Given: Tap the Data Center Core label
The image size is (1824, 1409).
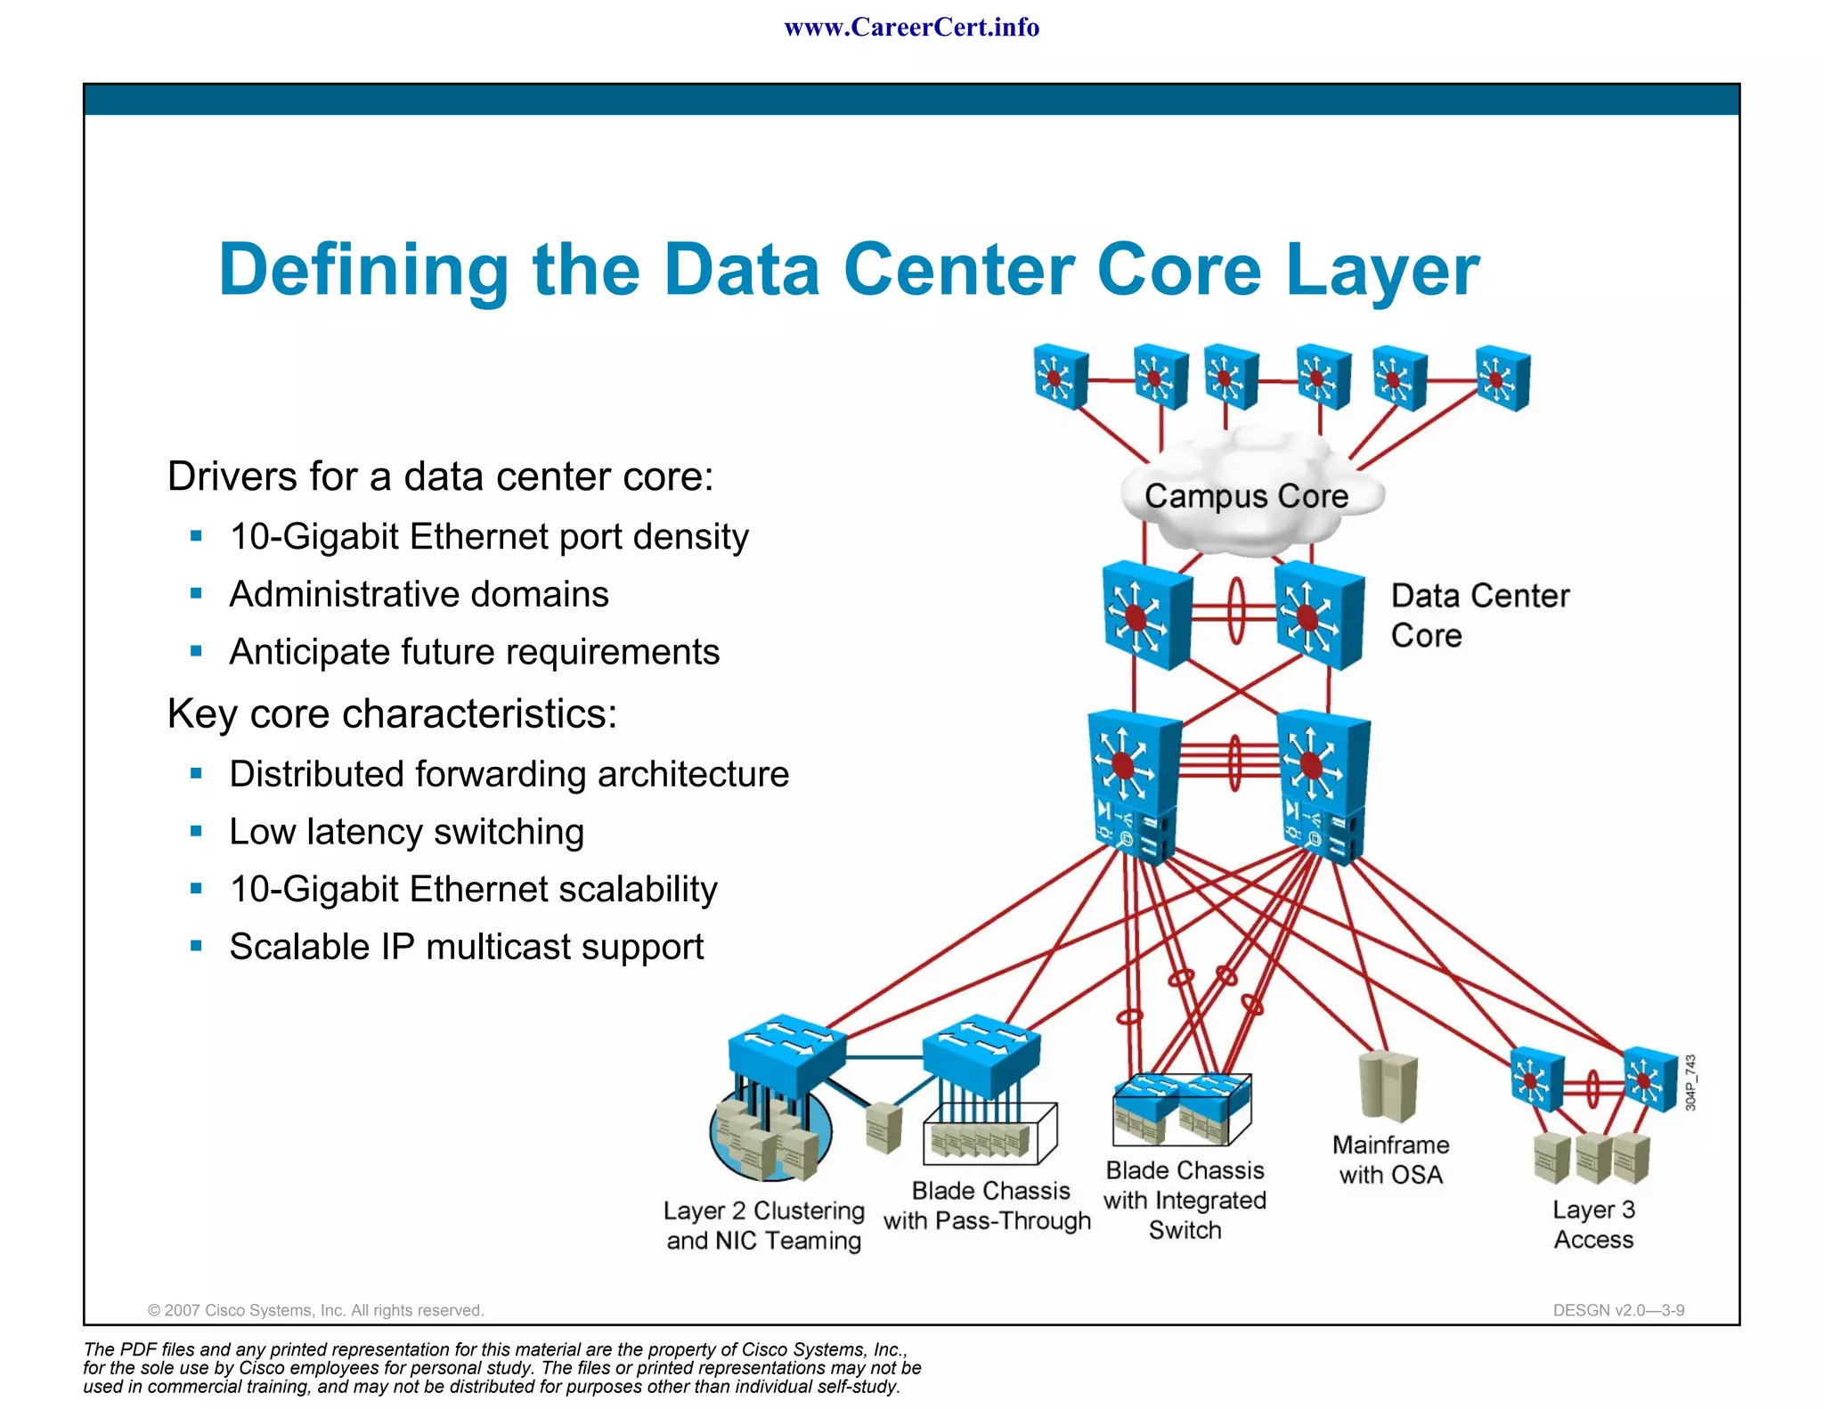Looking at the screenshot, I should click(1478, 615).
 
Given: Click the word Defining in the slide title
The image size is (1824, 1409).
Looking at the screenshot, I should click(363, 270).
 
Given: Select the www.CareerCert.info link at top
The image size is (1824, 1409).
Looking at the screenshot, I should click(911, 28).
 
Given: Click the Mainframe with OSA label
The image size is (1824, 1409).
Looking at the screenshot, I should click(1390, 1160).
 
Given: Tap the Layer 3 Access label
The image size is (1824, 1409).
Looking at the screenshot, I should click(1593, 1225).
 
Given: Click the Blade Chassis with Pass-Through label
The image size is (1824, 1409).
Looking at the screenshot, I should click(988, 1206).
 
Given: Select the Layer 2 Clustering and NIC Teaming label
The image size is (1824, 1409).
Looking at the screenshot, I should click(764, 1226).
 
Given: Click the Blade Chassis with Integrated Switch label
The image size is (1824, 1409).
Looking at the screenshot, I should click(1185, 1200).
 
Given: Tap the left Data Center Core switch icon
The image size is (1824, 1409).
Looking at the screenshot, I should click(1145, 615).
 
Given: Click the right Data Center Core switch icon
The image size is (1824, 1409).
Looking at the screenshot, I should click(1317, 615).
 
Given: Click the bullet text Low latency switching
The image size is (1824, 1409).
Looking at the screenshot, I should click(406, 832).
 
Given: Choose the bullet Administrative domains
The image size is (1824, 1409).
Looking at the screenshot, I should click(419, 594).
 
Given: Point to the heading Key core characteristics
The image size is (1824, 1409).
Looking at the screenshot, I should click(392, 713).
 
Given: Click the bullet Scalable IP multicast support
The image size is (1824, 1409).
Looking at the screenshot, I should click(466, 947).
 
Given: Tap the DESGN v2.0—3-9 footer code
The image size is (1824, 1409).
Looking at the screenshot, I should click(1618, 1310).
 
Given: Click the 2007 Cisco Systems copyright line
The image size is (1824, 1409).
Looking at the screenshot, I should click(315, 1310).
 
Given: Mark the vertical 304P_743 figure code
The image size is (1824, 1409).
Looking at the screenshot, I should click(1690, 1082).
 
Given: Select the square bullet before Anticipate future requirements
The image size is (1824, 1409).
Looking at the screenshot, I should click(196, 651).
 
